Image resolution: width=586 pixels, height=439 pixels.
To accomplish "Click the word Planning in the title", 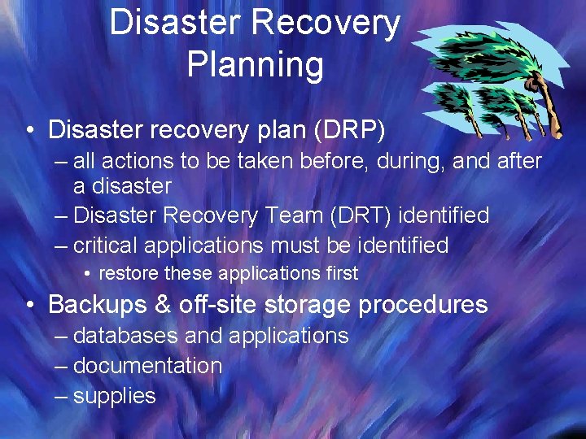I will tap(255, 64).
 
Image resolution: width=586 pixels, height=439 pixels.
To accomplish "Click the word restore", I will tap(129, 273).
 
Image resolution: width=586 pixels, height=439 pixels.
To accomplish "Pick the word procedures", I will tap(422, 305).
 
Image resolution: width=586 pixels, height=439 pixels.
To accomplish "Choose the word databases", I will tap(126, 336).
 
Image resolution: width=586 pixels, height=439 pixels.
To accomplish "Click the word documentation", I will tap(147, 366).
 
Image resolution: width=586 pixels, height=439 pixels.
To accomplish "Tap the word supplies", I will tap(114, 396).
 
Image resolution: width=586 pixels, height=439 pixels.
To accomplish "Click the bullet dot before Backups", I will tap(29, 306).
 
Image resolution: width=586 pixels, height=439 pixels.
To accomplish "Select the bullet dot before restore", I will tap(87, 274).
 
